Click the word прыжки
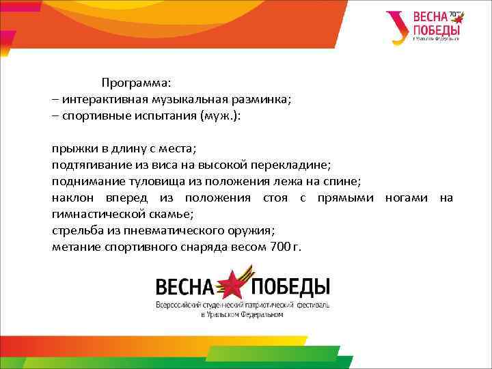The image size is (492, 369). click(x=71, y=148)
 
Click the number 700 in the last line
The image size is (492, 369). click(x=279, y=247)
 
